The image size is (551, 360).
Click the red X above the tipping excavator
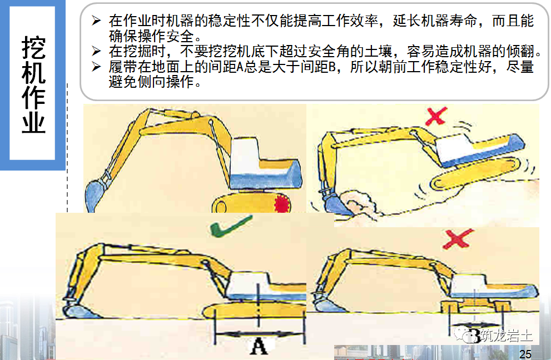tap(436, 116)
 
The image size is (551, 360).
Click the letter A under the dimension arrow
tap(259, 347)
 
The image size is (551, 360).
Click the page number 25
tap(525, 354)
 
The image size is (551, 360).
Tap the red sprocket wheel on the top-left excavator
tap(284, 204)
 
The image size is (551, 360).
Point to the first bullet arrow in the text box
tap(97, 22)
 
